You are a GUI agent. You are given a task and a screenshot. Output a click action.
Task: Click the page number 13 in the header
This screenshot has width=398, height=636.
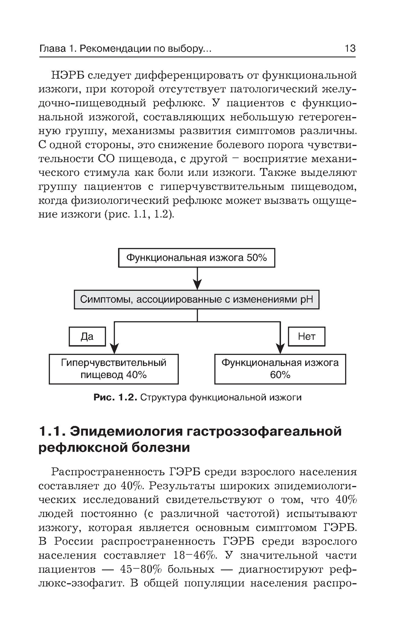point(350,48)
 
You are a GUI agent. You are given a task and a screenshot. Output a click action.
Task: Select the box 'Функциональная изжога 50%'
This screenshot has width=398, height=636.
point(197,258)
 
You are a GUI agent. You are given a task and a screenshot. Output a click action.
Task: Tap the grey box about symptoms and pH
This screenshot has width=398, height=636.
point(197,299)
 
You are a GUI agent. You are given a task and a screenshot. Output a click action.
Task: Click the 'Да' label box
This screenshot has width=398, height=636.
point(87,337)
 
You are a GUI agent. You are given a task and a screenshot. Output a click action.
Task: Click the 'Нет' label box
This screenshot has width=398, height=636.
point(306,337)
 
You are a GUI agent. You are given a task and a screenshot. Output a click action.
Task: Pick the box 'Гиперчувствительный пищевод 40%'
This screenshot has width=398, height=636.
point(113,369)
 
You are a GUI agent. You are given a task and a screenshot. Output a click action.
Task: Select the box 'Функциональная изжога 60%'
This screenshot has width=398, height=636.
point(280,369)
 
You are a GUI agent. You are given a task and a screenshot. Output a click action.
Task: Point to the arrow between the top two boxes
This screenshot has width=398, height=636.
point(197,278)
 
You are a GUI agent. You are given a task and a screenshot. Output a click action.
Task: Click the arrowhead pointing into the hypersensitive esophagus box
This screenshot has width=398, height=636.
point(114,349)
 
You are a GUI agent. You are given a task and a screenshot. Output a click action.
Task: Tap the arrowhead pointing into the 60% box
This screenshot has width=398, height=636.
point(280,349)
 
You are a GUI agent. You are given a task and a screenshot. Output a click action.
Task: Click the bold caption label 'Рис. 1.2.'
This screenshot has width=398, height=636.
point(115,397)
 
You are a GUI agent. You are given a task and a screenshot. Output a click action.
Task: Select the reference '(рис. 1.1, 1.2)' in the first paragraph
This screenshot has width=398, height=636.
point(139,215)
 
